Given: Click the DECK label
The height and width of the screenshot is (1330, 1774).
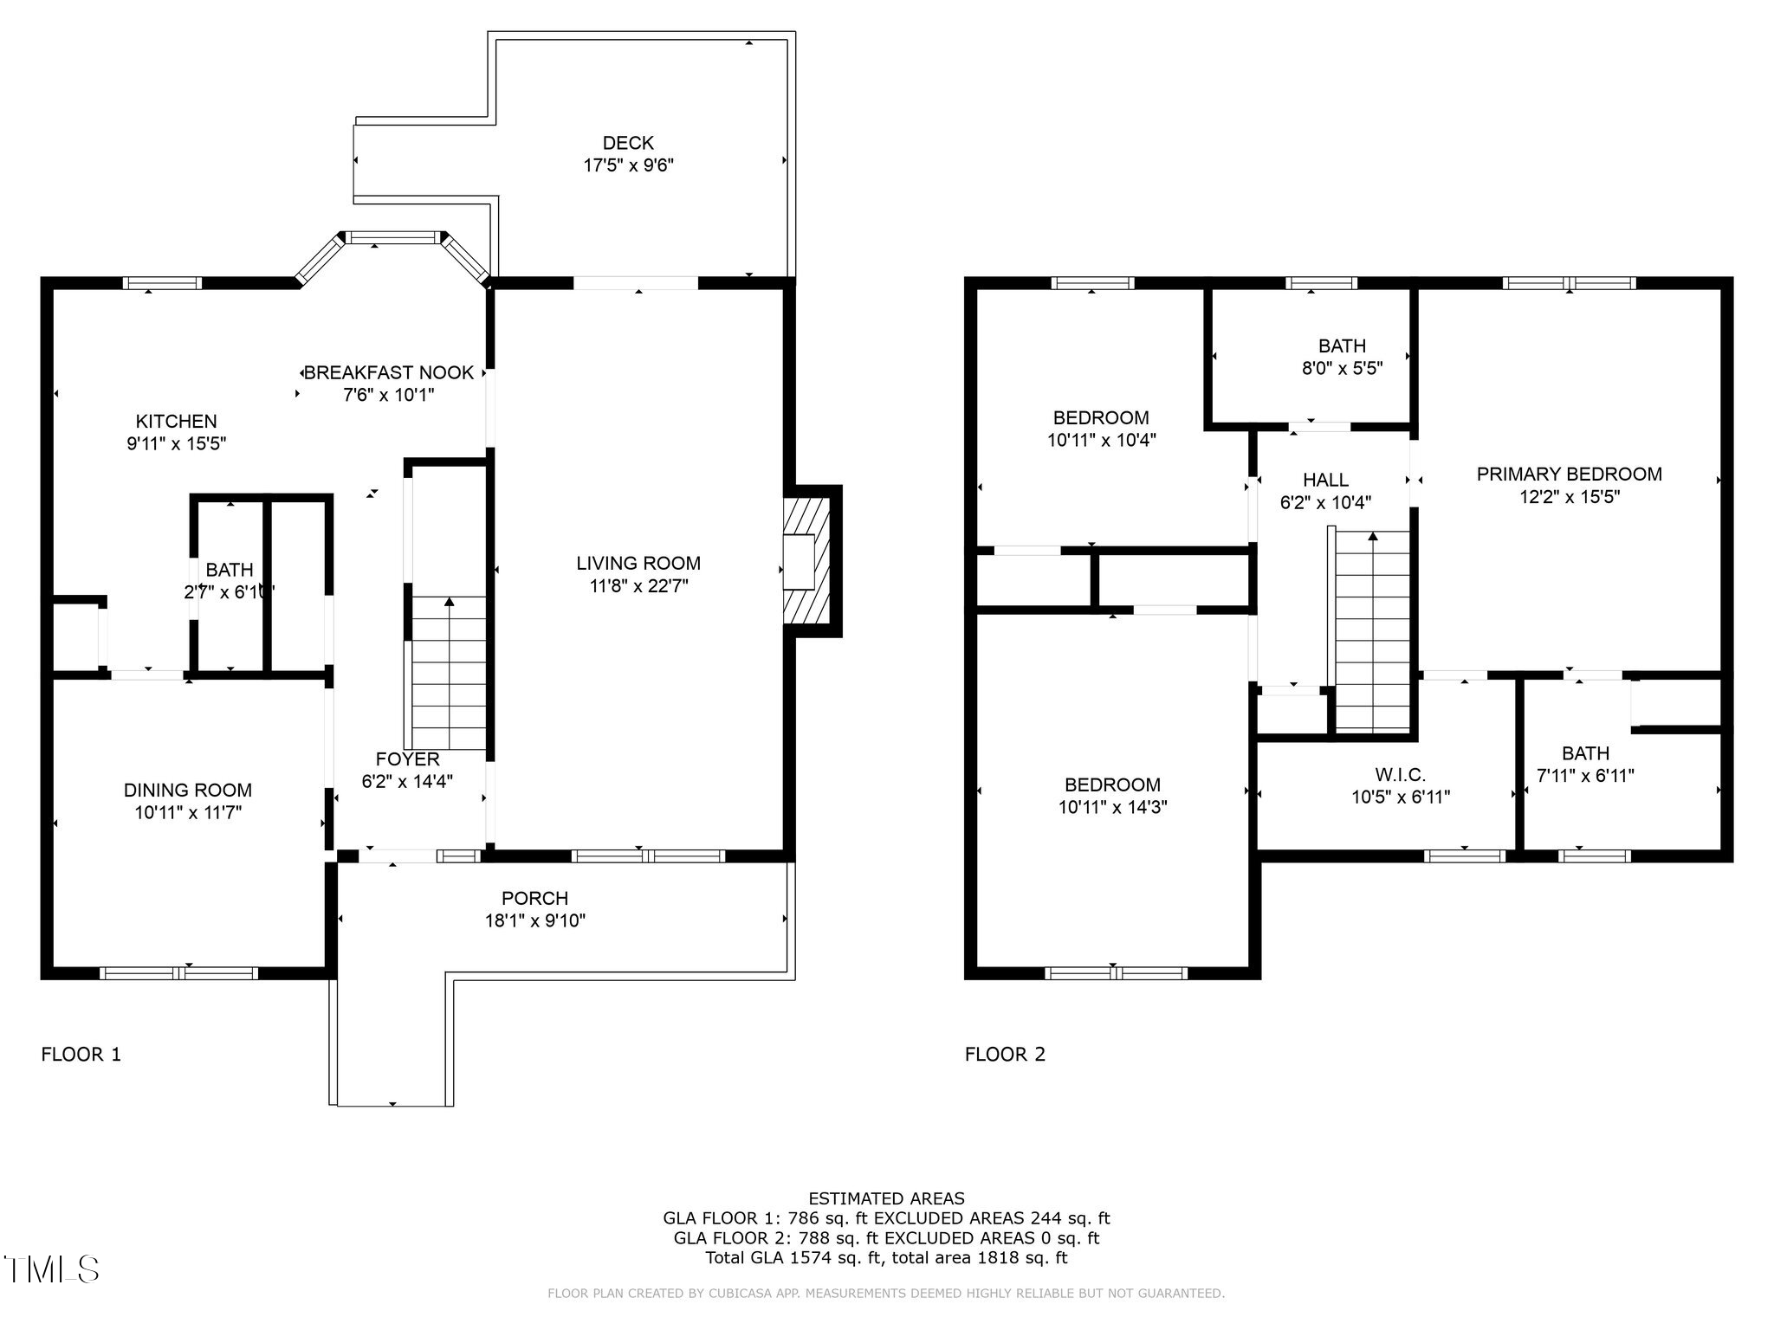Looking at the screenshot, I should pyautogui.click(x=628, y=143).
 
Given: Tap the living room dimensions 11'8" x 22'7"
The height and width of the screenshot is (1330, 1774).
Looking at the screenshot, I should pyautogui.click(x=638, y=586).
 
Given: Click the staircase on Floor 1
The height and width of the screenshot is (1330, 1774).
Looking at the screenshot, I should pyautogui.click(x=448, y=673).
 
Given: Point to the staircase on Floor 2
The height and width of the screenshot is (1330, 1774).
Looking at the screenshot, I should pyautogui.click(x=1373, y=632).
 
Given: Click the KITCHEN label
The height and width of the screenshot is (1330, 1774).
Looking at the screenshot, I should pyautogui.click(x=176, y=422).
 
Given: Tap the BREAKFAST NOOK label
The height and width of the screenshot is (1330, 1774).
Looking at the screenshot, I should pyautogui.click(x=389, y=372).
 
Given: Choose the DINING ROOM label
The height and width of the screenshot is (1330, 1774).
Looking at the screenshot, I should pyautogui.click(x=188, y=790).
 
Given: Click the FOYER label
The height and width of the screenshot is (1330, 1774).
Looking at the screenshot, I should pyautogui.click(x=407, y=759).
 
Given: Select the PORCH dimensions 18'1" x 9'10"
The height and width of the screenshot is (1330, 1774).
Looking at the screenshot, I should pyautogui.click(x=535, y=920).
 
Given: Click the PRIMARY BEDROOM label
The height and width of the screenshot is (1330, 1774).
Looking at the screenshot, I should pyautogui.click(x=1569, y=475).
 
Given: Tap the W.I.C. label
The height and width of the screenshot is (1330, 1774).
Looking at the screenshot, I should pyautogui.click(x=1400, y=775).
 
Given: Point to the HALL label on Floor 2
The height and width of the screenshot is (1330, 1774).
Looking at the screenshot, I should pyautogui.click(x=1325, y=480).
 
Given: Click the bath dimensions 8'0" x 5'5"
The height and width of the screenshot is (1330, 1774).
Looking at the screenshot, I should pyautogui.click(x=1342, y=368).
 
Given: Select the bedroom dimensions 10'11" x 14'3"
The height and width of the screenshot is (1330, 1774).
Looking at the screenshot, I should pyautogui.click(x=1112, y=807).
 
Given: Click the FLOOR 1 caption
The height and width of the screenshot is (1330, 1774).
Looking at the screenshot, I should pyautogui.click(x=81, y=1054).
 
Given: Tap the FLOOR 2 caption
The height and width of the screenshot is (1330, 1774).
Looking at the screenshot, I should pyautogui.click(x=1005, y=1054).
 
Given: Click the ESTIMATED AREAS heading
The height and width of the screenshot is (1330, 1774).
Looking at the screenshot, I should pyautogui.click(x=886, y=1198).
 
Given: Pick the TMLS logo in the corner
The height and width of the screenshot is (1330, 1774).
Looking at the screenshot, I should pyautogui.click(x=52, y=1269).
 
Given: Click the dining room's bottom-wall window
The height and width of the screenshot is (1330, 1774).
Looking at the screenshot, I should pyautogui.click(x=179, y=972).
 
